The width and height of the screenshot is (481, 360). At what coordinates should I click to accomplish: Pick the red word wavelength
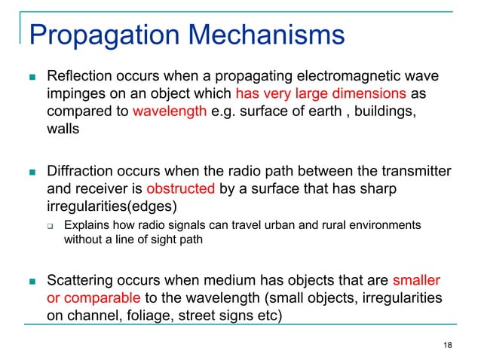pyautogui.click(x=166, y=113)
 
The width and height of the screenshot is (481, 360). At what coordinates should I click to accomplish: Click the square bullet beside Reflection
pyautogui.click(x=31, y=77)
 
